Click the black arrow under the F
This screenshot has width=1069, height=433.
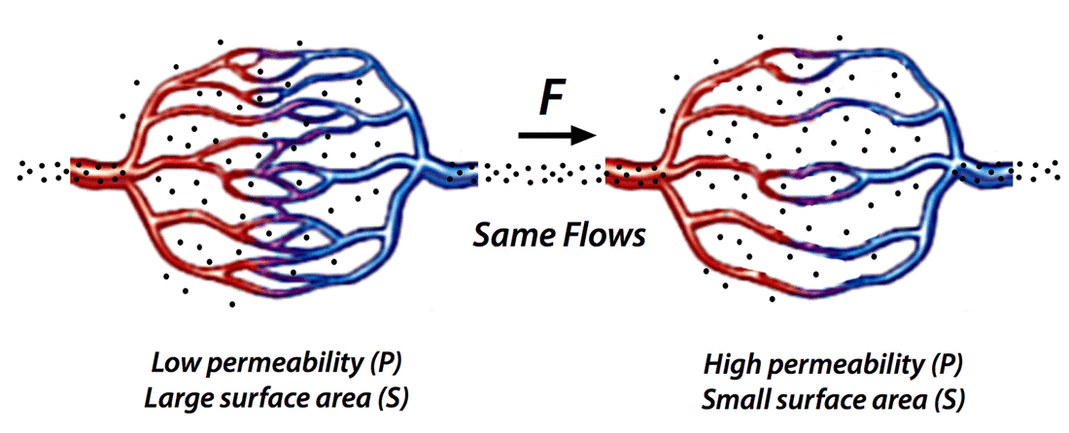[557, 136]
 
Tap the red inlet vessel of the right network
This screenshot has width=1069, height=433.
[632, 170]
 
